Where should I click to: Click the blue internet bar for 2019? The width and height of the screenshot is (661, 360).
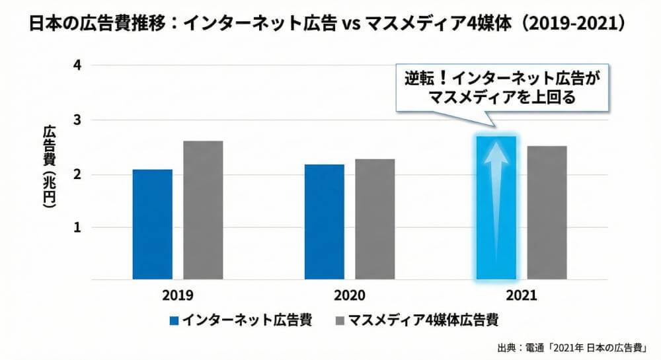pos(152,224)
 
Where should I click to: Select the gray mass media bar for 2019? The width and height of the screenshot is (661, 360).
pos(203,209)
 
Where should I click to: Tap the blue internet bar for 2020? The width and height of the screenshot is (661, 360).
pos(324,221)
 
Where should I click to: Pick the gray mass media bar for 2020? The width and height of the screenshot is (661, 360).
pos(375,219)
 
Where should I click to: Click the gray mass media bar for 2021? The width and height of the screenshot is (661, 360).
pos(547,212)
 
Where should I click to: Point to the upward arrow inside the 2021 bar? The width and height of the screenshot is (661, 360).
pos(496,198)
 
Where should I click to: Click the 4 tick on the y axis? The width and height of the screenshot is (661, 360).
pos(78,65)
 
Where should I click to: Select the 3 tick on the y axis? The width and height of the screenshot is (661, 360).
pos(78,120)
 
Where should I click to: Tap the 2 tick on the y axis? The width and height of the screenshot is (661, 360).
pos(78,174)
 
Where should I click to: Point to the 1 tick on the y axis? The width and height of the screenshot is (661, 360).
pos(78,227)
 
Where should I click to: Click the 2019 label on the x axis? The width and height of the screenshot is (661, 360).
pos(176,295)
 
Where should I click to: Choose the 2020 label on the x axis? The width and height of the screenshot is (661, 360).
pos(350,295)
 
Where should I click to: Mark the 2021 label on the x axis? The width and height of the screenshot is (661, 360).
pos(522,295)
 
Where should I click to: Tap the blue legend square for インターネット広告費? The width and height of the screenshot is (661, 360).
pos(175,321)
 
